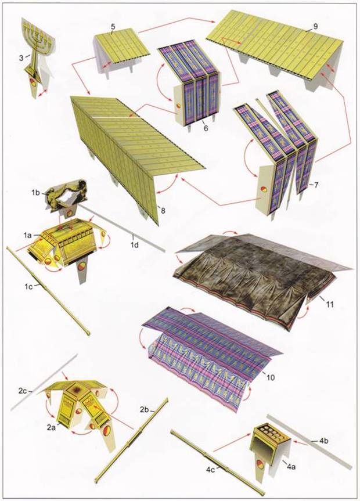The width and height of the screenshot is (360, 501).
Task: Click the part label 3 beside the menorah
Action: pos(21,58)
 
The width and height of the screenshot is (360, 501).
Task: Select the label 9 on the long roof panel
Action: pos(315,27)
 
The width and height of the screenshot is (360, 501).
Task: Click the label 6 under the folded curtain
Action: pos(206,128)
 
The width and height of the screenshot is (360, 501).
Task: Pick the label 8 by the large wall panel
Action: pos(163,211)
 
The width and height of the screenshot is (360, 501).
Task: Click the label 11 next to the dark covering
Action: pos(329,304)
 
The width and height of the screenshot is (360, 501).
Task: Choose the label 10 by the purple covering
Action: pos(269,378)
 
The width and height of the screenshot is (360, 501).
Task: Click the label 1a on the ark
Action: pos(27,236)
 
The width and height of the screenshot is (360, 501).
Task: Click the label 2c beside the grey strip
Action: pos(23,391)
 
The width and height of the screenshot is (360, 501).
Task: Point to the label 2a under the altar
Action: pos(51,427)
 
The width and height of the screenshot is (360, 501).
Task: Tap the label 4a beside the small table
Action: pos(291,467)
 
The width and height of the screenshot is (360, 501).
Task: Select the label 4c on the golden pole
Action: pos(210,470)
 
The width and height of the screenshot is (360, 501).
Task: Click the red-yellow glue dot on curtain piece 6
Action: pos(178,106)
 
